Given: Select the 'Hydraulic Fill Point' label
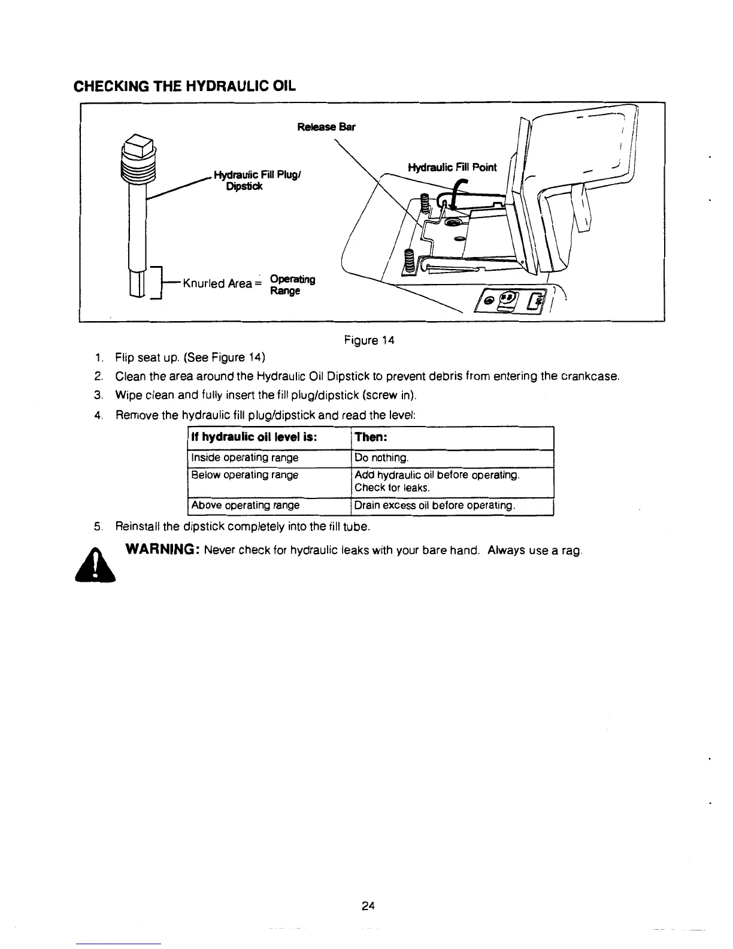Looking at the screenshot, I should tap(452, 167).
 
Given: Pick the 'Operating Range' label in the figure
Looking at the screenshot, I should tap(292, 285).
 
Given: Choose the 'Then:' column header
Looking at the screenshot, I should tap(371, 437).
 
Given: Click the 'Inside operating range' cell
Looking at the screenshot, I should tap(244, 458).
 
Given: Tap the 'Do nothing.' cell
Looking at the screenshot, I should tap(381, 458).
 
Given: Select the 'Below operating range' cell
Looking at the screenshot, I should tap(244, 475).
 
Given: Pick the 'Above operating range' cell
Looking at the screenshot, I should tap(245, 505).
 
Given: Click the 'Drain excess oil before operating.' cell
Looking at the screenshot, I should tap(435, 505).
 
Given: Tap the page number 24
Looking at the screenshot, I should tap(368, 905).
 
